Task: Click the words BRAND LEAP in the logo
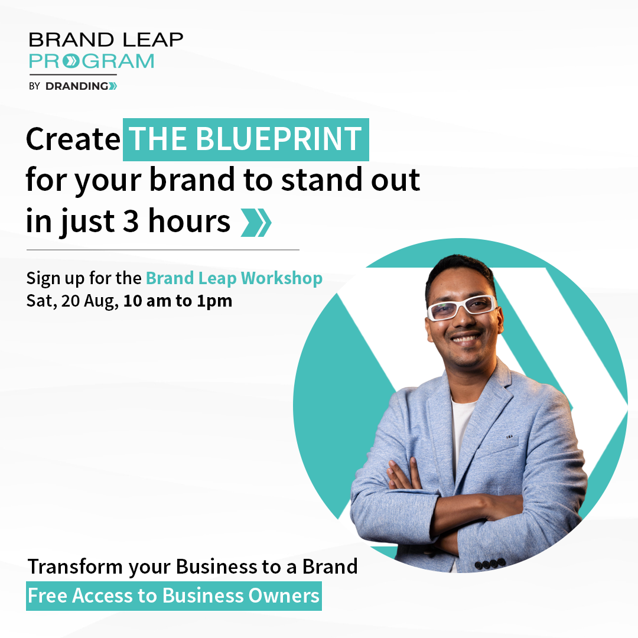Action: point(106,40)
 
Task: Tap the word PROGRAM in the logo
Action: point(92,61)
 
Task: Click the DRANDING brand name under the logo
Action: point(81,86)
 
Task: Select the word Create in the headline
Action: point(73,139)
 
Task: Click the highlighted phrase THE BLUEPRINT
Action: point(246,139)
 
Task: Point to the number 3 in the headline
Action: point(131,221)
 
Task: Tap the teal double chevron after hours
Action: point(256,223)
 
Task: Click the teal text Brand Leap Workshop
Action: point(234,278)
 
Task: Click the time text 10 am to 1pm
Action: point(178,301)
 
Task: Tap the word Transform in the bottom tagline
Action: point(75,567)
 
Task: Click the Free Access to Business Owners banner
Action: point(174,596)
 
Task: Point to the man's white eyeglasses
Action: point(461,307)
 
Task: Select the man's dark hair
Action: point(458,271)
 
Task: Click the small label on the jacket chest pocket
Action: point(509,437)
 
